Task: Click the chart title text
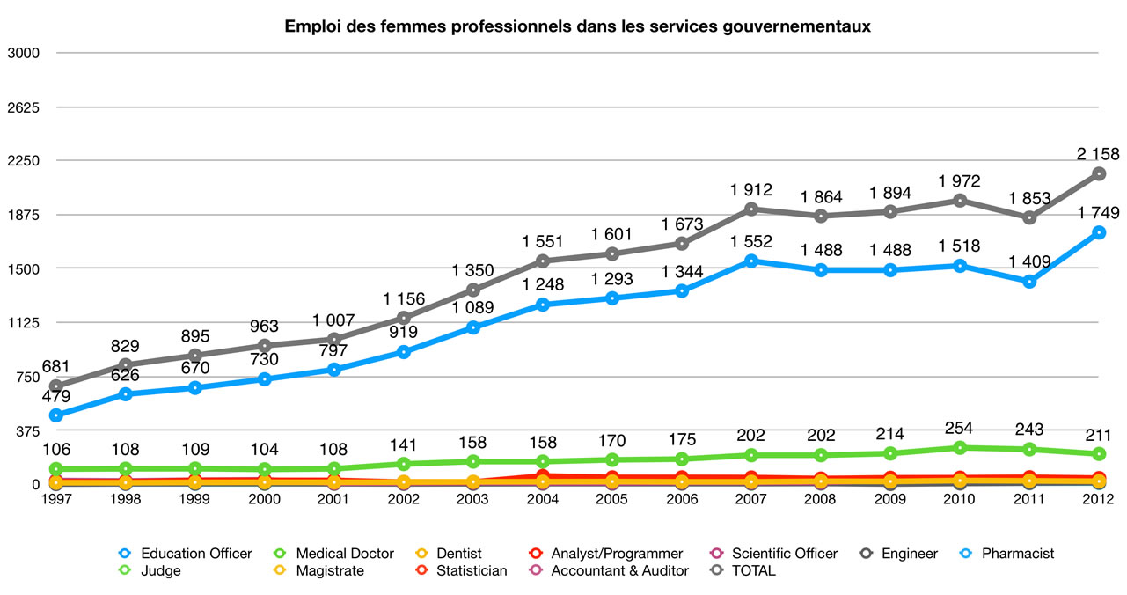577,26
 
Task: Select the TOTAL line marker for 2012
1099,174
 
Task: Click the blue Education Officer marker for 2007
751,261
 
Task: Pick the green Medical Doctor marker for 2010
960,448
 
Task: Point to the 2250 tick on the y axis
24,161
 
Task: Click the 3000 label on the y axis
24,53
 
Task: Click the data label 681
56,367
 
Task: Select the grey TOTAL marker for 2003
473,290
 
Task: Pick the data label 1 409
1029,261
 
